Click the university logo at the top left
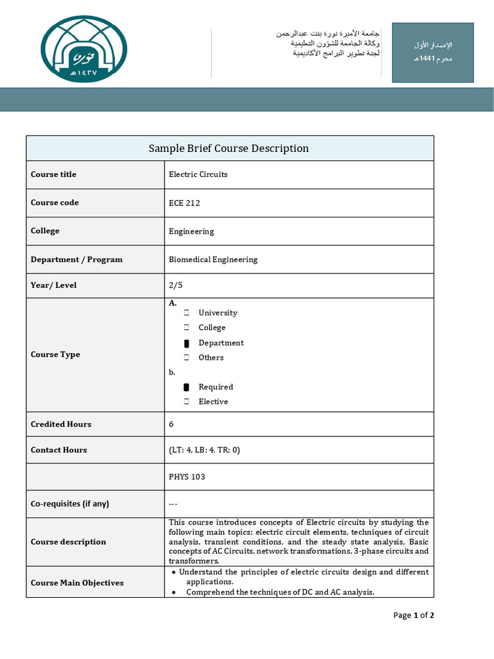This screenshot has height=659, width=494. (x=84, y=49)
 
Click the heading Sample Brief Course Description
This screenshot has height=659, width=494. (x=228, y=149)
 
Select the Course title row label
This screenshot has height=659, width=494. (x=53, y=174)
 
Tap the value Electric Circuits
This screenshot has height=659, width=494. (x=198, y=174)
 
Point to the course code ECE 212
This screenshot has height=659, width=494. (x=185, y=203)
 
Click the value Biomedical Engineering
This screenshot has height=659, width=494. (x=213, y=259)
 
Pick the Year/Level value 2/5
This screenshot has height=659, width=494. (x=175, y=285)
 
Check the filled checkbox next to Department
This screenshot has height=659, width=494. (x=187, y=343)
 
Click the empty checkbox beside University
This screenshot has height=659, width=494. (x=187, y=313)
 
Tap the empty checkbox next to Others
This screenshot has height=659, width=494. (x=187, y=358)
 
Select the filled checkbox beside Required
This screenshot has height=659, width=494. (x=187, y=387)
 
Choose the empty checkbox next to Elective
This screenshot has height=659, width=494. (x=187, y=402)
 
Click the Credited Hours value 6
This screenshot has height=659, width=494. (x=171, y=424)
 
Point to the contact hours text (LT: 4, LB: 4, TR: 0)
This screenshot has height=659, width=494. (x=204, y=450)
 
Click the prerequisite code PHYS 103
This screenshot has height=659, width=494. (x=187, y=477)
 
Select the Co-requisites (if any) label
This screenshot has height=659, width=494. (x=70, y=503)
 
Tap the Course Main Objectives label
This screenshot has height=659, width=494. (x=77, y=582)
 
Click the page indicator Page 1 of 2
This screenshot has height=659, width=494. (x=414, y=615)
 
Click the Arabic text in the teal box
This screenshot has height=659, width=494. (x=434, y=51)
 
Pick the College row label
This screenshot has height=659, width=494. (x=45, y=231)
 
